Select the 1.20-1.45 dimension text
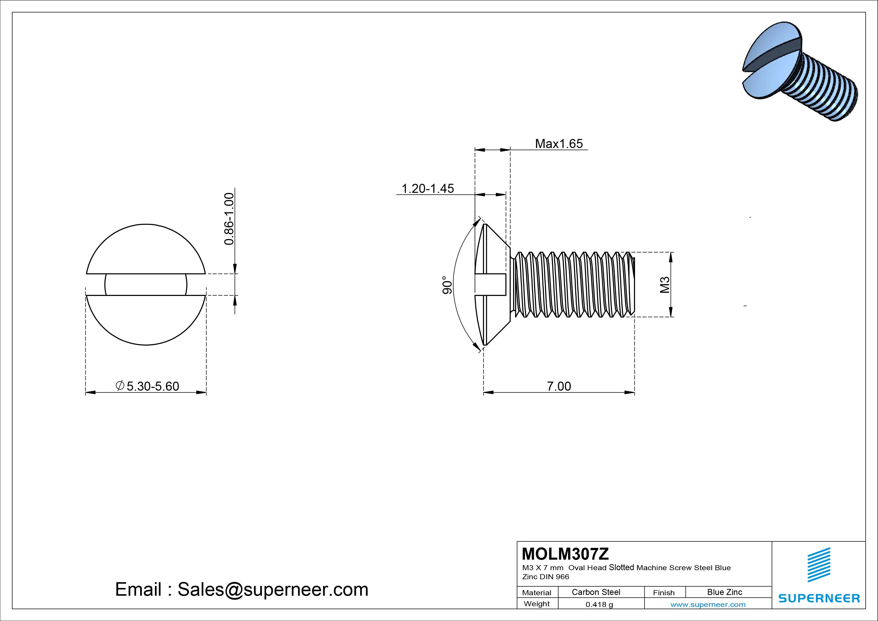[427, 188]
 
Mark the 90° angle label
[447, 285]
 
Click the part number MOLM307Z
[565, 554]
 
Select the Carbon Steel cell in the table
[596, 592]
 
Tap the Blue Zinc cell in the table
[724, 592]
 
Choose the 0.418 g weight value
[599, 604]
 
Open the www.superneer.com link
[708, 604]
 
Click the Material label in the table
[537, 593]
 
